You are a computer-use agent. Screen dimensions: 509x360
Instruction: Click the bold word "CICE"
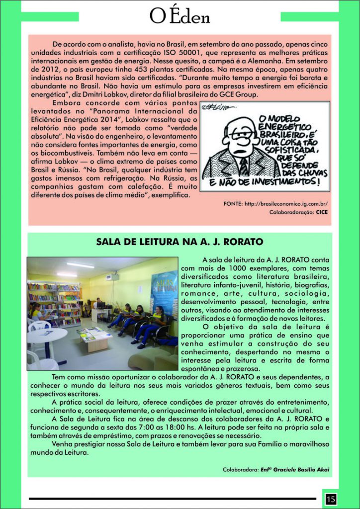(x=322, y=212)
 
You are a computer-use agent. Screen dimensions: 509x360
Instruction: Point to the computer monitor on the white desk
(x=100, y=304)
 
